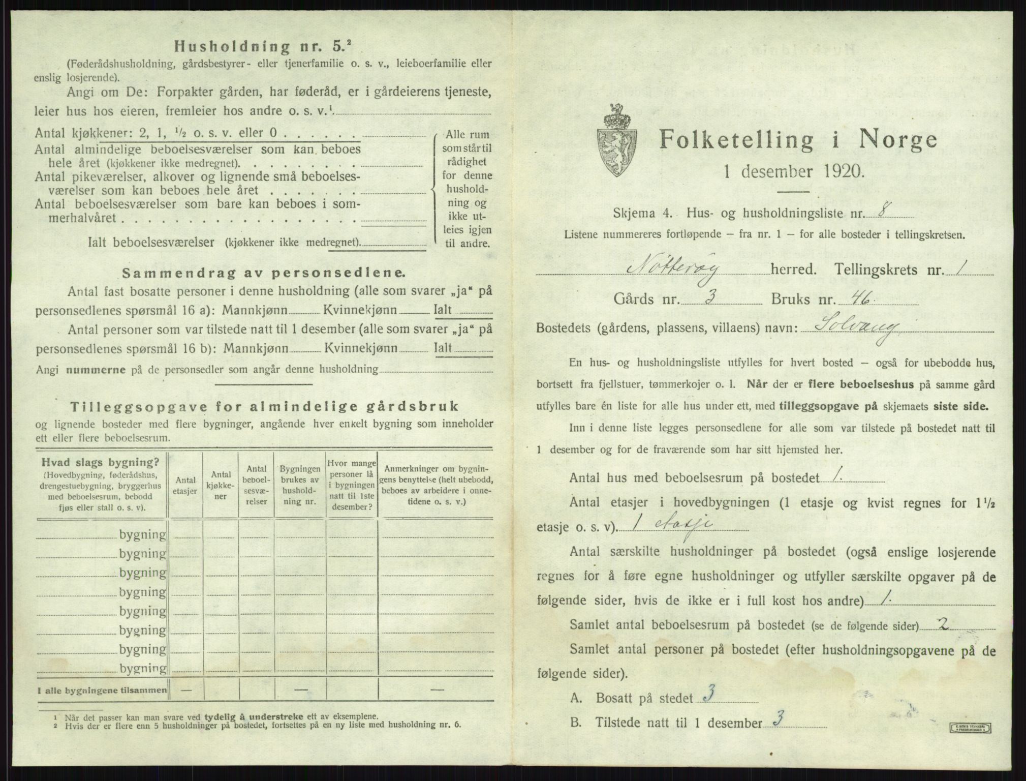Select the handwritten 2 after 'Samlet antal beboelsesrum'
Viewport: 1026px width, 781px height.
[943, 625]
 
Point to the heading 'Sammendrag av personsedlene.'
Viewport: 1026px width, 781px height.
[264, 273]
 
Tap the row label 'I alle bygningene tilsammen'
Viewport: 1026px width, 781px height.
[102, 690]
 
